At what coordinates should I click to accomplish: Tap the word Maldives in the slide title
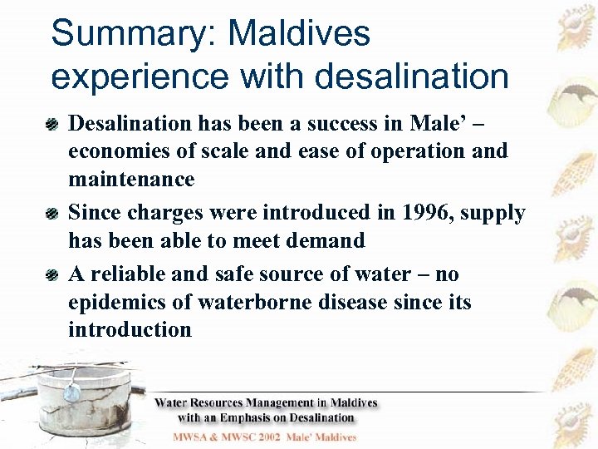coord(299,35)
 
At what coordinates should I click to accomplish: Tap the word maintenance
coord(131,179)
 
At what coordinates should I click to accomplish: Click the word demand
coord(327,241)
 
